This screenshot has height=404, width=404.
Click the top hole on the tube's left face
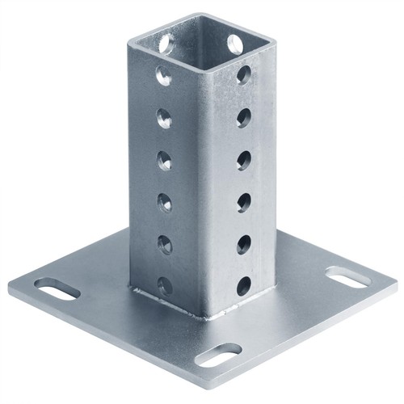[164, 77]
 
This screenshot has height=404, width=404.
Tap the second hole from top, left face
[164, 120]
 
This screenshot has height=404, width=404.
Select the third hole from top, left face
[164, 161]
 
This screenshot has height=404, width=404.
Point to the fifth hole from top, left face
[164, 244]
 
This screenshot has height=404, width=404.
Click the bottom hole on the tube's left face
[164, 284]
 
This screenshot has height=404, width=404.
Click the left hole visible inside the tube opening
[166, 43]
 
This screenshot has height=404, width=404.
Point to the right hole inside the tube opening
[235, 43]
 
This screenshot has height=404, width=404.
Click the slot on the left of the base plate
[57, 288]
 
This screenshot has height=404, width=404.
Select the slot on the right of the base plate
[348, 276]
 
